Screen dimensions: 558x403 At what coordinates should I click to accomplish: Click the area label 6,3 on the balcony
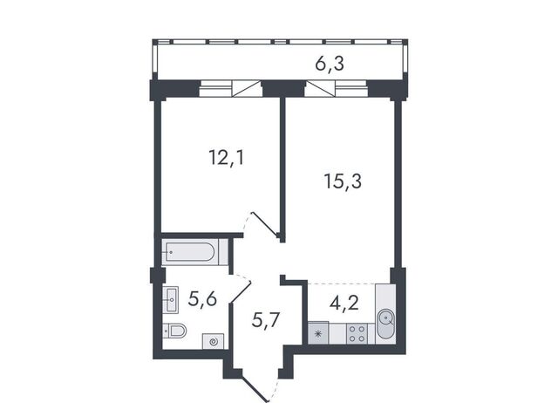(330, 65)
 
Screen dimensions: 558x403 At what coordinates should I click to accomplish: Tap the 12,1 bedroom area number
(227, 158)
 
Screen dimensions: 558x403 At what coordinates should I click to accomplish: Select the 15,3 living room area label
(343, 181)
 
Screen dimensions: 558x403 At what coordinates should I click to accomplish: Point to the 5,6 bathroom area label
(202, 298)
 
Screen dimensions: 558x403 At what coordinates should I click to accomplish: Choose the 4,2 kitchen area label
(344, 303)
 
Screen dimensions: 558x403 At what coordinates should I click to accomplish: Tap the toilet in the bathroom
(175, 331)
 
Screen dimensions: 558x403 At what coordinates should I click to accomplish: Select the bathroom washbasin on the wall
(171, 300)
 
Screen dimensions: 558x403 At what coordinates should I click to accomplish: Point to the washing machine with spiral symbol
(213, 341)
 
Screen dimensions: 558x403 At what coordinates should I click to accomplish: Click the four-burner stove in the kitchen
(357, 333)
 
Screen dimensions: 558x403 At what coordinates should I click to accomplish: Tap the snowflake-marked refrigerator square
(318, 333)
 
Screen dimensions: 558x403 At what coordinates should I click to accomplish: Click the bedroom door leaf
(264, 224)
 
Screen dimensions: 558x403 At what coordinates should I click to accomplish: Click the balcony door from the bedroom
(247, 89)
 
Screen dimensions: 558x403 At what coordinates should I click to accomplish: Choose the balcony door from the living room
(320, 89)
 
